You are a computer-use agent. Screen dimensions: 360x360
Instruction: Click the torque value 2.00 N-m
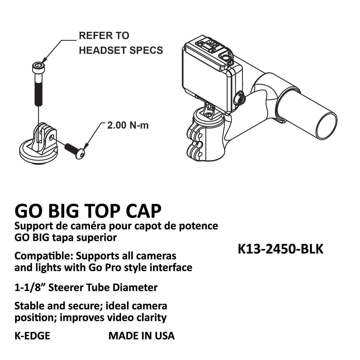tap(128, 125)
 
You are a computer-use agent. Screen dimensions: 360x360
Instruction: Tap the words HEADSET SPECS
tap(121, 50)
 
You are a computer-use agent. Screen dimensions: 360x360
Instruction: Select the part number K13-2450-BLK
tap(280, 249)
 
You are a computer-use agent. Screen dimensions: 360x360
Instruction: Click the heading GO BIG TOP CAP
tap(88, 211)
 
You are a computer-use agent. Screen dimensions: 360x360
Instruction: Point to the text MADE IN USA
tap(141, 336)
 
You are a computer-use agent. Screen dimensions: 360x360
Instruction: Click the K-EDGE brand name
tap(32, 336)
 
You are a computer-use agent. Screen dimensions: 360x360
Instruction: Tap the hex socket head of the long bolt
tap(39, 67)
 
